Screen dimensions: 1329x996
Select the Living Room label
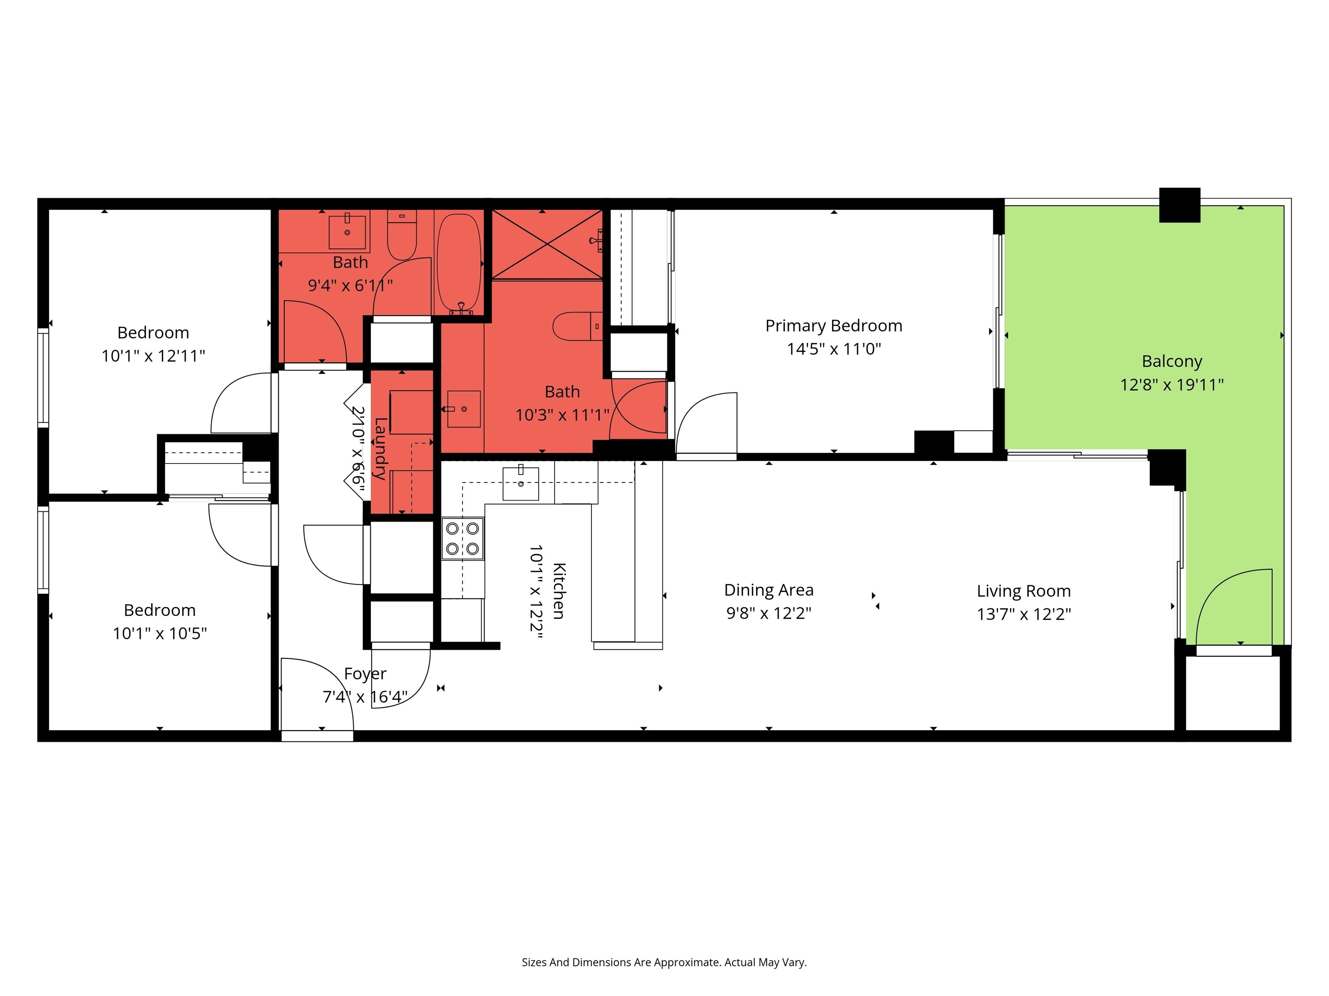click(x=1024, y=591)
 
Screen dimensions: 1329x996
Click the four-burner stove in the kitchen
click(x=462, y=539)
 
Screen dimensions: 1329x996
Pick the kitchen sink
click(x=520, y=483)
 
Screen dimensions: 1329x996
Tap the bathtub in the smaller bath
click(x=459, y=264)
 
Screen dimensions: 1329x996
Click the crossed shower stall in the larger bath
click(x=547, y=244)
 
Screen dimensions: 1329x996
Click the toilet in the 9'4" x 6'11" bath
click(x=402, y=235)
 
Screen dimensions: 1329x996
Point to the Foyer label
click(x=365, y=674)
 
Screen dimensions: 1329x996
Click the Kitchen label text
click(x=558, y=591)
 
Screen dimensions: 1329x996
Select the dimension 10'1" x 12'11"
click(x=153, y=356)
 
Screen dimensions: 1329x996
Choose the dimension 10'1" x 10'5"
click(x=160, y=633)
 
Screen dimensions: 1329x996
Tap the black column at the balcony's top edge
click(x=1179, y=205)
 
